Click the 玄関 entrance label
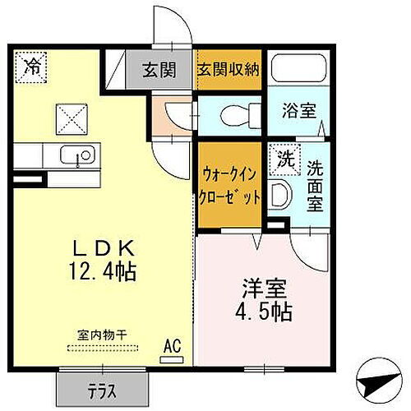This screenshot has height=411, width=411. click(x=159, y=71)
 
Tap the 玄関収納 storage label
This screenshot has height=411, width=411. click(x=228, y=71)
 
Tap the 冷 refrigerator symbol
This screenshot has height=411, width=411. click(x=32, y=66)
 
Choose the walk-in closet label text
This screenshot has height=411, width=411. click(x=231, y=187)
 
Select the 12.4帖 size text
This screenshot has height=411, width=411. click(x=103, y=268)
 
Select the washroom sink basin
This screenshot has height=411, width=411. click(x=279, y=195)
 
